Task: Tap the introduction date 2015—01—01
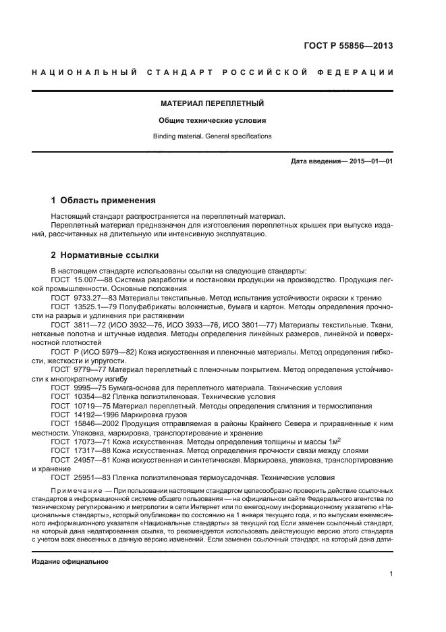[x=370, y=162]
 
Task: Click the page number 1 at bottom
[x=391, y=574]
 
